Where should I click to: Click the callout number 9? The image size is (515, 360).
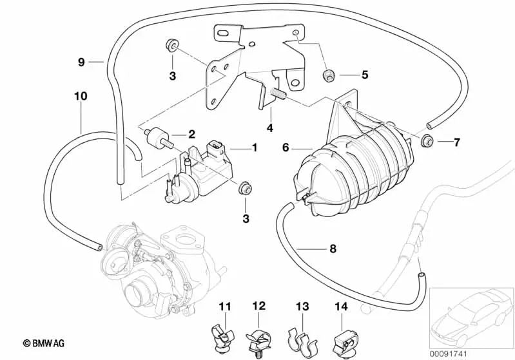[x=81, y=62]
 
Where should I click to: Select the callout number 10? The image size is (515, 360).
[x=80, y=96]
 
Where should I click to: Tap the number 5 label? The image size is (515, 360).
[x=364, y=75]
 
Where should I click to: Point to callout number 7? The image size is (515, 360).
[x=456, y=142]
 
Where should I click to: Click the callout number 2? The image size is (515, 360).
[x=191, y=135]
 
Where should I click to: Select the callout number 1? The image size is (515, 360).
[x=254, y=148]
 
